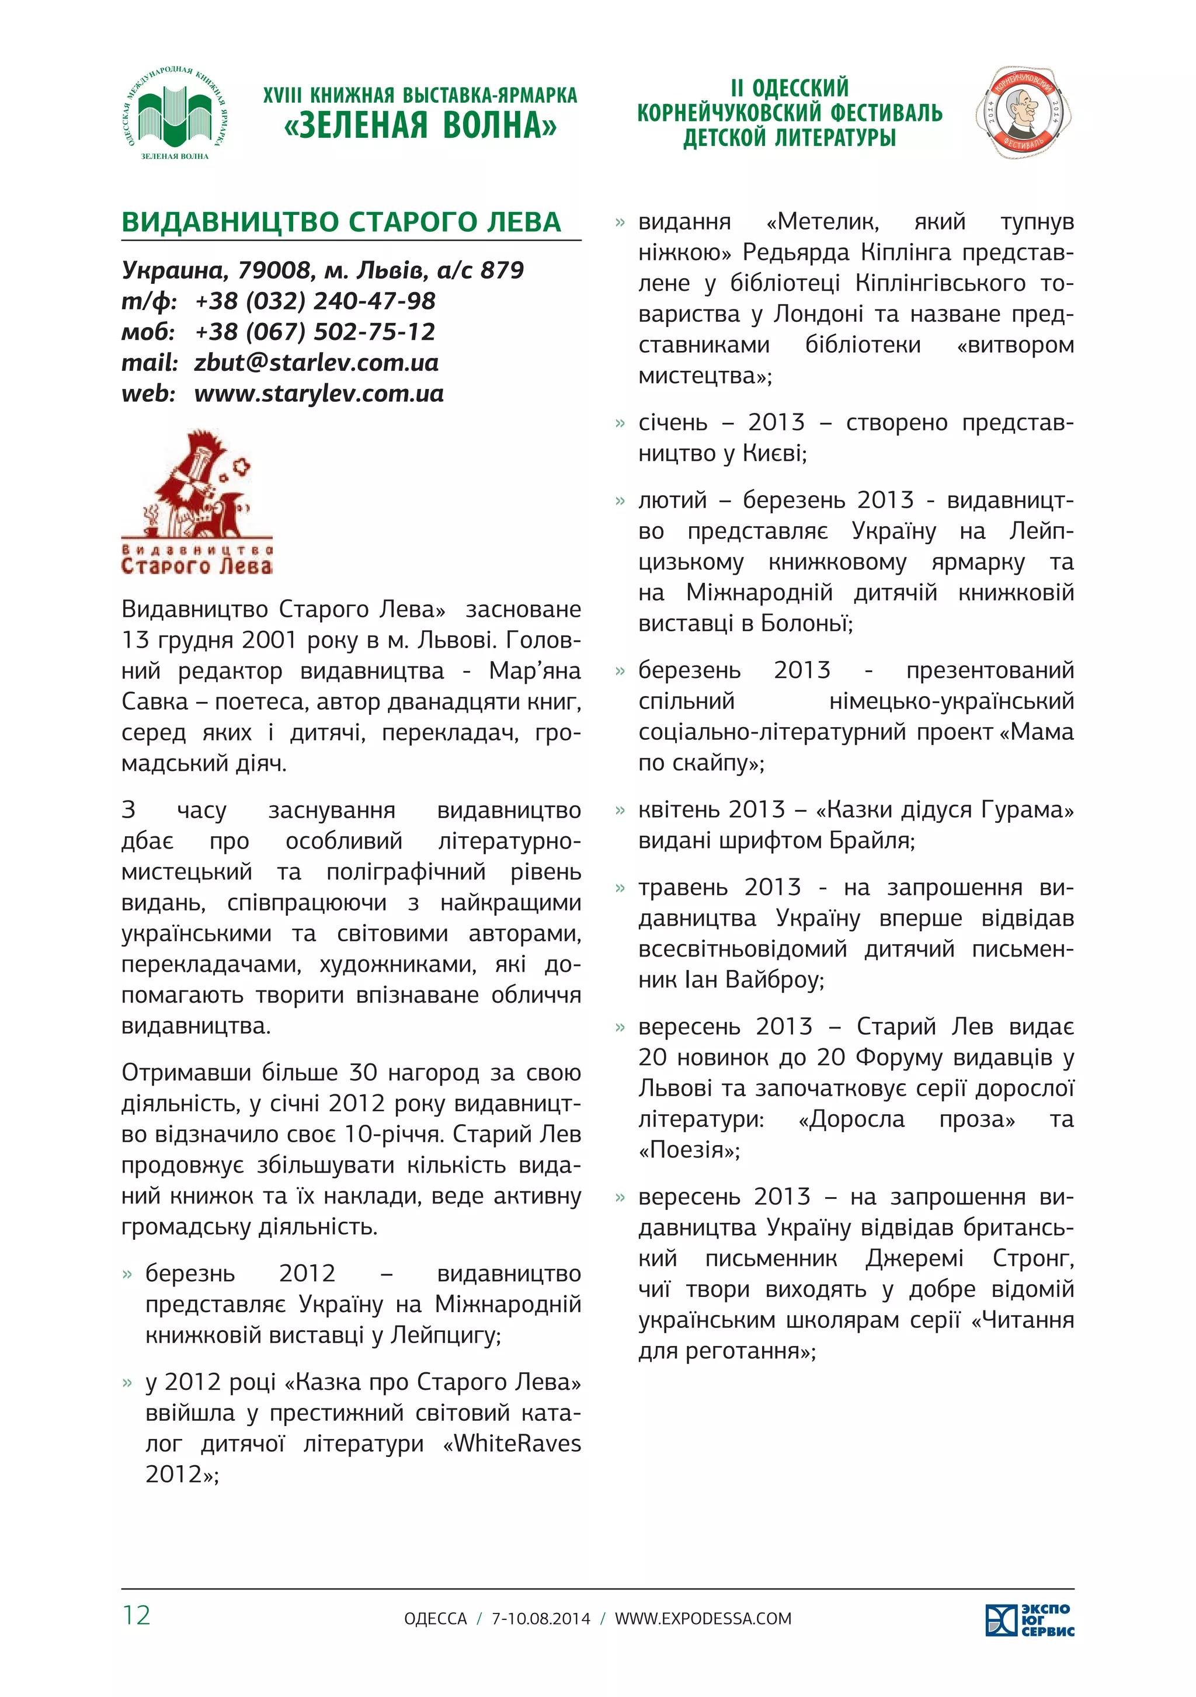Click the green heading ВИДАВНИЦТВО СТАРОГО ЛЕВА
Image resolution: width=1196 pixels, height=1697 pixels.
(x=342, y=222)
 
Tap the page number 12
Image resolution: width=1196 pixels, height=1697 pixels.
(x=136, y=1616)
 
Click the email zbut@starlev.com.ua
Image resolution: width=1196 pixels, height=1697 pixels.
(x=317, y=362)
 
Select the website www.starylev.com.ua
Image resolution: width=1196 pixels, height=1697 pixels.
(x=319, y=393)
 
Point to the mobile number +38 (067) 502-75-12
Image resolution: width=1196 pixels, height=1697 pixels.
(x=315, y=331)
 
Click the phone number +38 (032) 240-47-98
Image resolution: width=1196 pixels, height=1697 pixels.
(x=315, y=301)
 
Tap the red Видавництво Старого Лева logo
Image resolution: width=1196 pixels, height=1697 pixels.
(x=197, y=503)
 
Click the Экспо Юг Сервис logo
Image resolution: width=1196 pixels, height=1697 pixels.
(x=1030, y=1620)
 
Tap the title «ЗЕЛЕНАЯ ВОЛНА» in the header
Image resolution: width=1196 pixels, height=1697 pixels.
(x=420, y=126)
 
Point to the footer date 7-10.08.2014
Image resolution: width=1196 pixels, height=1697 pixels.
(x=541, y=1619)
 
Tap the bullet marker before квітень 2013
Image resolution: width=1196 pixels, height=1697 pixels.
(x=620, y=811)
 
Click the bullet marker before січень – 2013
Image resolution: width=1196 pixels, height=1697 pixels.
(x=620, y=423)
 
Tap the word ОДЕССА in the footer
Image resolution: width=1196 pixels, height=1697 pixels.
(x=436, y=1619)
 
